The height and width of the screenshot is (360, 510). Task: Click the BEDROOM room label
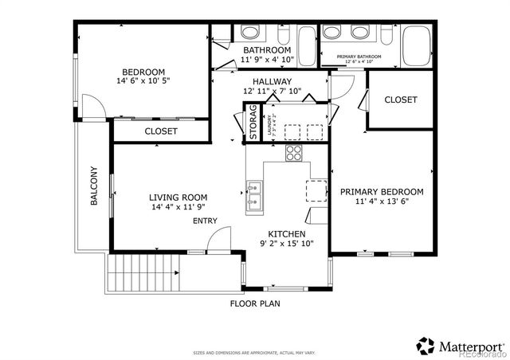[143, 71]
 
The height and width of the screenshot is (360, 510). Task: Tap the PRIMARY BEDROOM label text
[382, 191]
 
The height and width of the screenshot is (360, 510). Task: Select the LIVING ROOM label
[178, 198]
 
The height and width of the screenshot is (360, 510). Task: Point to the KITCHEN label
[286, 233]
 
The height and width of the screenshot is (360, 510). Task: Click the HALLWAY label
[272, 82]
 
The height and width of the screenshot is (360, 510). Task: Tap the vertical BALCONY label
[93, 186]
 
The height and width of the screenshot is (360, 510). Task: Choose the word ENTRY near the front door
[205, 221]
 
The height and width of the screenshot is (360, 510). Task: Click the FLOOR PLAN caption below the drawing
[254, 303]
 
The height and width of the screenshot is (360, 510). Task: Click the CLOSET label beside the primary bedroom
[401, 100]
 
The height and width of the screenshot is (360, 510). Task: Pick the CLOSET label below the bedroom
[161, 131]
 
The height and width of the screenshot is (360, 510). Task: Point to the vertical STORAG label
[253, 123]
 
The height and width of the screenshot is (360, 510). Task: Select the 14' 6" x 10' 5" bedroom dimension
[143, 80]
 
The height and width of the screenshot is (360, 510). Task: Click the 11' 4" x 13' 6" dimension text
[382, 202]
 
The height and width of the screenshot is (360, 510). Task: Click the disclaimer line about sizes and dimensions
[254, 352]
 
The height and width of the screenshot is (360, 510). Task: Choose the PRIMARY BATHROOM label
[359, 57]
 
